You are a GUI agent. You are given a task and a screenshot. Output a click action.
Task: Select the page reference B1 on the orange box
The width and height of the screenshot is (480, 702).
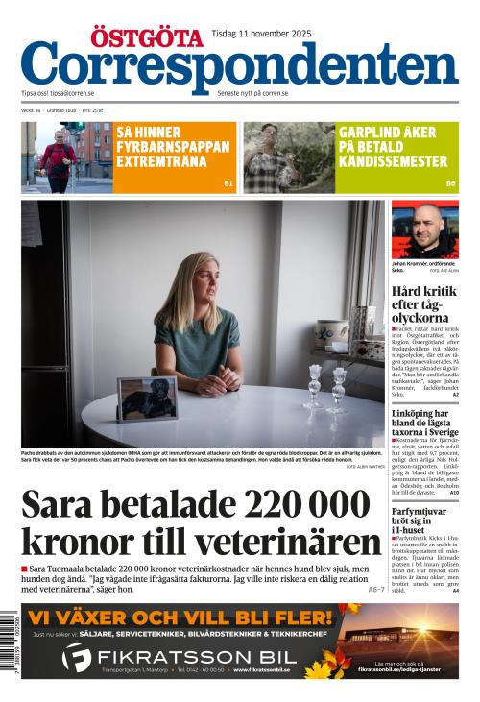(x=228, y=182)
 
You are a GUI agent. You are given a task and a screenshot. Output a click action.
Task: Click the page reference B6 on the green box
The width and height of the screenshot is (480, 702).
(x=450, y=182)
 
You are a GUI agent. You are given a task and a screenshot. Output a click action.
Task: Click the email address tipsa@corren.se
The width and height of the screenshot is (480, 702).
(x=72, y=93)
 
